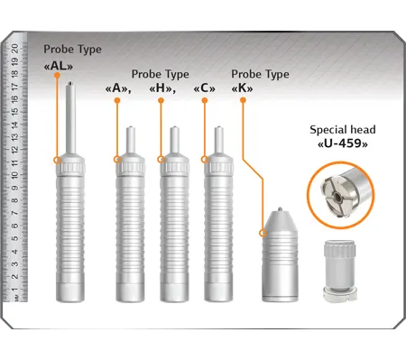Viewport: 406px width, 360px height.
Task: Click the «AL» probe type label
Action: point(59,66)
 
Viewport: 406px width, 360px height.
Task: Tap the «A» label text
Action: point(118,88)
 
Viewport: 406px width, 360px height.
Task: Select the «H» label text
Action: point(162,88)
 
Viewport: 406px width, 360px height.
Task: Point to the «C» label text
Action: point(205,88)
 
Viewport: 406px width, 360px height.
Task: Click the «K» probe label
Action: point(242,88)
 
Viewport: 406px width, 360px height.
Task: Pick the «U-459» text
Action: point(343,143)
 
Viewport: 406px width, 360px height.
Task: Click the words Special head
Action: point(343,130)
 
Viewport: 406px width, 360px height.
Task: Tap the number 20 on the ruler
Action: point(14,49)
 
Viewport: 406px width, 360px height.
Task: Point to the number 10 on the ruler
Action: point(14,174)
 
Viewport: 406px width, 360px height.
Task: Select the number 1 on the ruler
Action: point(14,290)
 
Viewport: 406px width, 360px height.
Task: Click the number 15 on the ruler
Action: point(14,111)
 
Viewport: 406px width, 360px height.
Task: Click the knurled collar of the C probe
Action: point(218,168)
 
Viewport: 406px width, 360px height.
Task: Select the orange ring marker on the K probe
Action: point(263,233)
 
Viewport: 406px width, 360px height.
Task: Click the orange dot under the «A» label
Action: point(117,101)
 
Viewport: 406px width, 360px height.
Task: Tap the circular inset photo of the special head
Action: point(341,195)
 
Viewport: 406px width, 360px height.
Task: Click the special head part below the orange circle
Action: point(340,271)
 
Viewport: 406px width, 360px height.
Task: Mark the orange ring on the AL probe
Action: point(57,160)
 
